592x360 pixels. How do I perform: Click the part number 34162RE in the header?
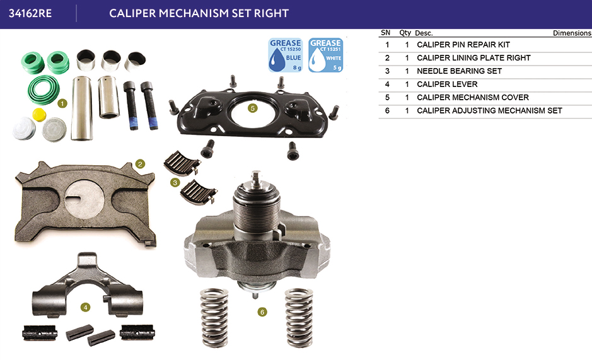click(x=30, y=13)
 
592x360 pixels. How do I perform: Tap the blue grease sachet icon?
click(x=286, y=55)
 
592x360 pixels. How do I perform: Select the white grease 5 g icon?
click(x=325, y=55)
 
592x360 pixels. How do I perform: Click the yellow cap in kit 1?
click(x=39, y=115)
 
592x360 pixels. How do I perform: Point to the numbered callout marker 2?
click(x=140, y=164)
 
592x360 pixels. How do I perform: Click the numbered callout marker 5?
click(x=253, y=108)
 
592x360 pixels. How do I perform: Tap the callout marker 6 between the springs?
click(x=262, y=312)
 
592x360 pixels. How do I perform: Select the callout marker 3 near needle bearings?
click(x=175, y=183)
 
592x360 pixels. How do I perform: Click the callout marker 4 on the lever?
click(x=85, y=307)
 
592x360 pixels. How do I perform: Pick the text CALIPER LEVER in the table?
click(x=447, y=84)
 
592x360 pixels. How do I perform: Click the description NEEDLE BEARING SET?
click(x=459, y=71)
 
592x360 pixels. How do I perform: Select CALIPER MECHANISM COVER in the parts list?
click(x=473, y=98)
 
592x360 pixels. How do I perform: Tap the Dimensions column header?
click(x=572, y=33)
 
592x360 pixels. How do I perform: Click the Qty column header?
click(x=405, y=33)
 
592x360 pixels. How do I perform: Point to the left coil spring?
click(x=214, y=318)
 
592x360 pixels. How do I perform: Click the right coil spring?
click(x=299, y=318)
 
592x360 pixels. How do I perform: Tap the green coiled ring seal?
click(x=44, y=90)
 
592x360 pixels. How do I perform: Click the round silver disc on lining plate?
click(x=84, y=199)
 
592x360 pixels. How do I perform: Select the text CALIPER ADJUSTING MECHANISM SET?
click(x=489, y=111)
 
